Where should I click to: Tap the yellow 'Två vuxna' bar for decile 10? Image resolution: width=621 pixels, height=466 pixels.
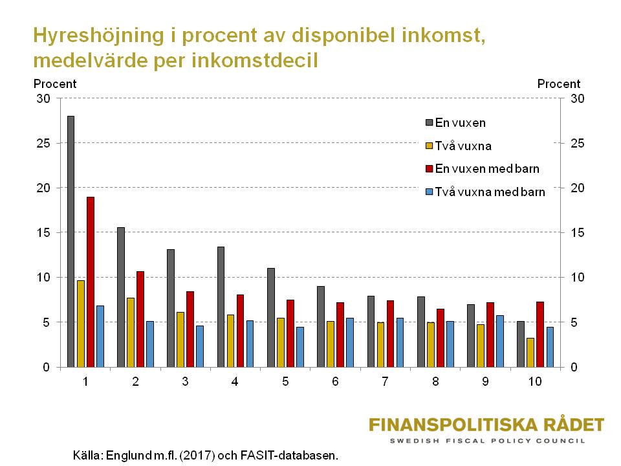[530, 352]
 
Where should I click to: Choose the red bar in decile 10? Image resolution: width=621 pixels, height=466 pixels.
[540, 334]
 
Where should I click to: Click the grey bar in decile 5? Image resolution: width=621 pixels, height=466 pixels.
[271, 317]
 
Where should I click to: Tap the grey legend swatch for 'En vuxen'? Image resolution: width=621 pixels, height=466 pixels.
[428, 122]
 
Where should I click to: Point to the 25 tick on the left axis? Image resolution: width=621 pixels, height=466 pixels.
[43, 144]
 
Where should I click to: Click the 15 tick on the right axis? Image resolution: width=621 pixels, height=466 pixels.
[577, 233]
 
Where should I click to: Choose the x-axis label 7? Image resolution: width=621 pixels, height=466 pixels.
[385, 383]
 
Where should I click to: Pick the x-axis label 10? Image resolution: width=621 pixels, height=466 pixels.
[535, 383]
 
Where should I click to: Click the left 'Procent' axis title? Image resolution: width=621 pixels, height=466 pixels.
[55, 84]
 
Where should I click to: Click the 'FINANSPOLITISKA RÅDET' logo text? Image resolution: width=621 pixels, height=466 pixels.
[486, 425]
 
